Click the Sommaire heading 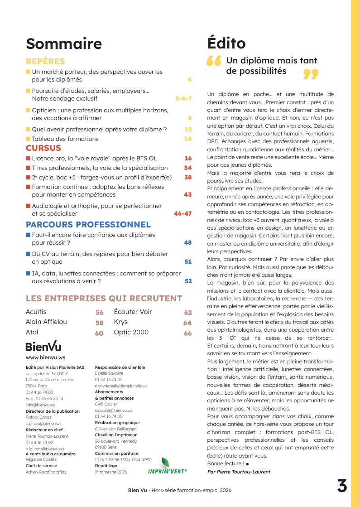pyautogui.click(x=64, y=44)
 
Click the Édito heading pyautogui.click(x=226, y=43)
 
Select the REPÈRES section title pyautogui.click(x=45, y=62)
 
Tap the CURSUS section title pyautogui.click(x=43, y=148)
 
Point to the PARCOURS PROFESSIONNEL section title pyautogui.click(x=88, y=225)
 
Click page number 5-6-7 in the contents pyautogui.click(x=183, y=98)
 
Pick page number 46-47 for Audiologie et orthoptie pyautogui.click(x=183, y=213)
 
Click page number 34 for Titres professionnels pyautogui.click(x=188, y=168)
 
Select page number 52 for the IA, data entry pyautogui.click(x=188, y=281)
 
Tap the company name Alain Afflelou pyautogui.click(x=46, y=322)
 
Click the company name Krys pyautogui.click(x=121, y=322)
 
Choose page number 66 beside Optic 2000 pyautogui.click(x=187, y=333)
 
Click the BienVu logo pyautogui.click(x=43, y=347)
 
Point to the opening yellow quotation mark pyautogui.click(x=213, y=61)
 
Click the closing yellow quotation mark pyautogui.click(x=311, y=74)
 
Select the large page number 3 pyautogui.click(x=342, y=486)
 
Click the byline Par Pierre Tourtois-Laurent pyautogui.click(x=239, y=472)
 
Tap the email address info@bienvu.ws pyautogui.click(x=40, y=405)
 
